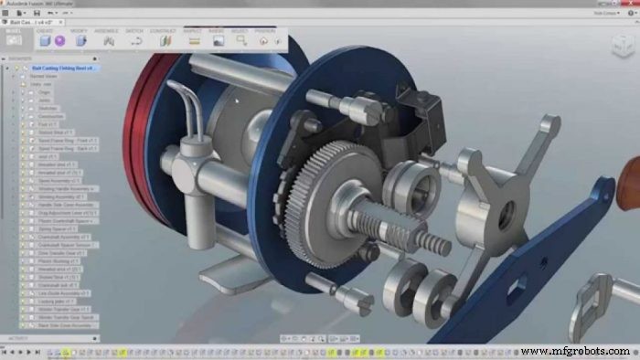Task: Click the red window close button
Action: [x=632, y=4]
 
